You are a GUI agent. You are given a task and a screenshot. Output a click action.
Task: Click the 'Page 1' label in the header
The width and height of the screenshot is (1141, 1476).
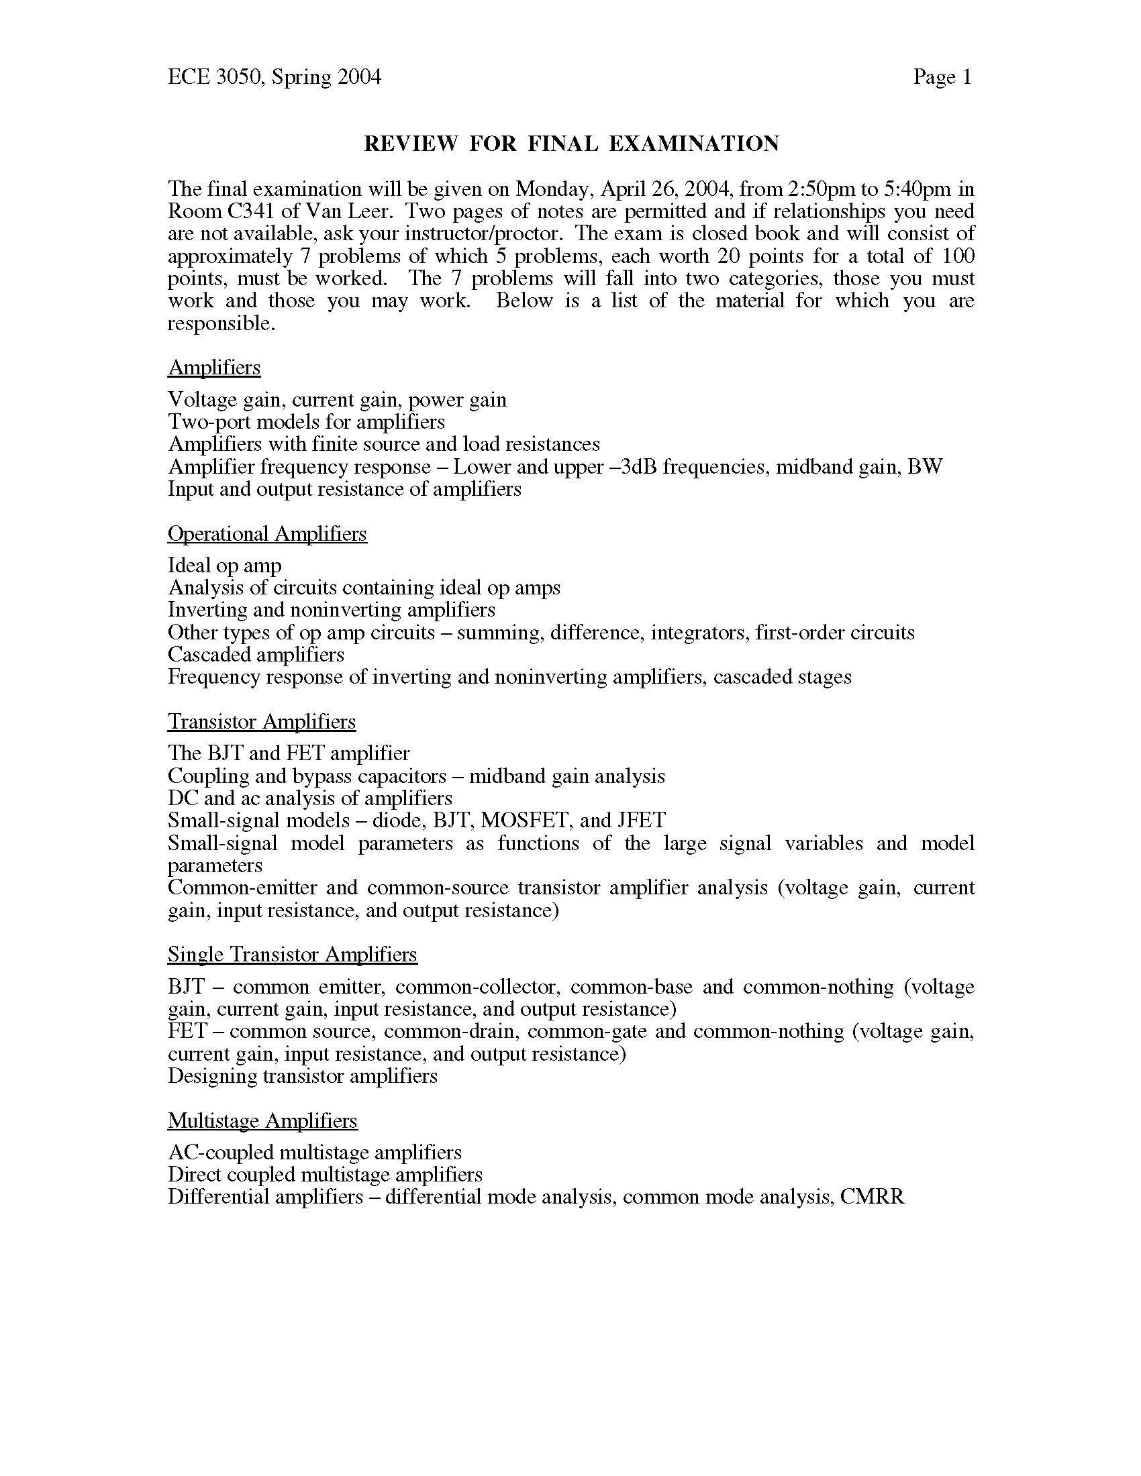click(x=942, y=77)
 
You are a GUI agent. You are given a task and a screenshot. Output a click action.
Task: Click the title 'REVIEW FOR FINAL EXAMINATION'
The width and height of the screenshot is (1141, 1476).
click(x=571, y=144)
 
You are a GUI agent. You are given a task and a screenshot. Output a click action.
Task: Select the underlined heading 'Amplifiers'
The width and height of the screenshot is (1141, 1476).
click(x=213, y=368)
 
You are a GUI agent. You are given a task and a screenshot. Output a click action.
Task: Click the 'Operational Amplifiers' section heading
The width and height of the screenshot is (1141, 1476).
click(x=267, y=534)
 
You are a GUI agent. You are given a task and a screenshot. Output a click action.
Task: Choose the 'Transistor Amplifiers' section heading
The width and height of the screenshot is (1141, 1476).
click(x=262, y=722)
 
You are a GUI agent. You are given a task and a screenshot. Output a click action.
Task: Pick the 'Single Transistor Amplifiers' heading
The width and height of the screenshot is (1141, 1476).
click(x=292, y=954)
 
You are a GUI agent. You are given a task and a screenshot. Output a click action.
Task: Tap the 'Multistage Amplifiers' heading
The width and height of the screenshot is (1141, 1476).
click(x=262, y=1120)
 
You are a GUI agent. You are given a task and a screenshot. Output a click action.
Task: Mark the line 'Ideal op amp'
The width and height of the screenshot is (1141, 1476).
click(x=224, y=566)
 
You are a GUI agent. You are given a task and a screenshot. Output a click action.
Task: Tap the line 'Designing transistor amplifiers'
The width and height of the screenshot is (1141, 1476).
click(x=302, y=1076)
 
